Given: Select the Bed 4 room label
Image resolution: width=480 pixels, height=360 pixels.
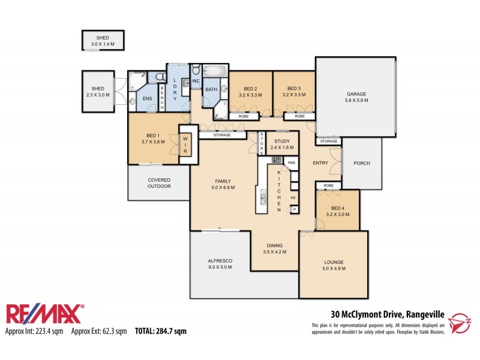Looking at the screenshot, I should (x=336, y=211).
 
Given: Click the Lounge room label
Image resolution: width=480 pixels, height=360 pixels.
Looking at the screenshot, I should (x=334, y=265).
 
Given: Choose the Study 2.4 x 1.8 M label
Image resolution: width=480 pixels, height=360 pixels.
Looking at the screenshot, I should (x=281, y=144).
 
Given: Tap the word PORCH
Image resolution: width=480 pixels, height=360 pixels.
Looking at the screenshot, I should (x=362, y=163).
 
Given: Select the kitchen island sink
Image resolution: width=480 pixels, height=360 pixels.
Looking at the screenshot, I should (x=263, y=198).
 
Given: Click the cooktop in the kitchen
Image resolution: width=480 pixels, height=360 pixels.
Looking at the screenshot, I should (x=277, y=160).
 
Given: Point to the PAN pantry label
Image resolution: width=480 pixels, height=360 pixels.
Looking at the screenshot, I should (x=292, y=163).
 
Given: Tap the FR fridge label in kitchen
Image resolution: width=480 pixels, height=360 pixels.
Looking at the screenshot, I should (x=293, y=197).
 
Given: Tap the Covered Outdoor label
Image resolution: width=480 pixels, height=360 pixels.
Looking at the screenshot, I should (x=159, y=183).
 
